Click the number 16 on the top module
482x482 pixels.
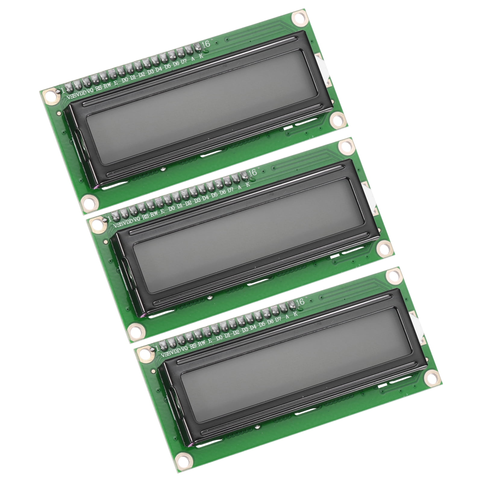(206, 44)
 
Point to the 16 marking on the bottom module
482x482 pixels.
(300, 302)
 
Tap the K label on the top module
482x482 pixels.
(202, 55)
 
